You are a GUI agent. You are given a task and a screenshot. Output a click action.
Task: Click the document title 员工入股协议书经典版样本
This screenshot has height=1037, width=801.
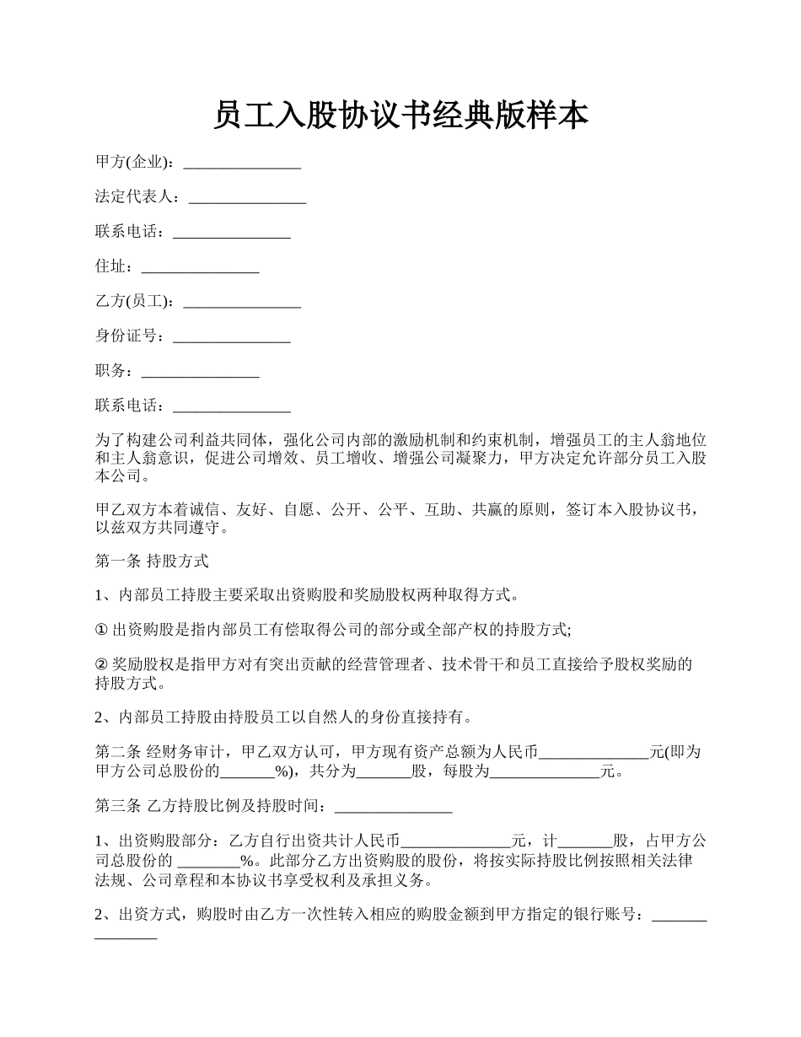coord(400,116)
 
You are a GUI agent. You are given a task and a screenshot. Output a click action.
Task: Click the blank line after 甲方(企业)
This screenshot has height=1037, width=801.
coord(242,163)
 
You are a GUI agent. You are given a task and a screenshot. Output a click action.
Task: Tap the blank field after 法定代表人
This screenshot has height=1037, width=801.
coord(247,198)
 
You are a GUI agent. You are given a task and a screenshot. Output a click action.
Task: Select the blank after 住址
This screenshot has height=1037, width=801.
coord(200,268)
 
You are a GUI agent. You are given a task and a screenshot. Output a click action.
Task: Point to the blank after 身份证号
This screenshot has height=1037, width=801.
coord(231,337)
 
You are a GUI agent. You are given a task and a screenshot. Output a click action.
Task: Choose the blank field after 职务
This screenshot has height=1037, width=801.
coord(200,372)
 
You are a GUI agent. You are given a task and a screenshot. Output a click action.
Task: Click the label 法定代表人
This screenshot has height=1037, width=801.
coord(133,197)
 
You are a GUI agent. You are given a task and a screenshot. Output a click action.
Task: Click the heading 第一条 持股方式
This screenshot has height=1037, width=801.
coord(152,560)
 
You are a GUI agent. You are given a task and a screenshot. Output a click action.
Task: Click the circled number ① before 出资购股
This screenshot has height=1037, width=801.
coord(101,630)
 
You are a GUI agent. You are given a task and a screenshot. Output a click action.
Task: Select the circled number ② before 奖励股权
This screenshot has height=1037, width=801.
coord(101,664)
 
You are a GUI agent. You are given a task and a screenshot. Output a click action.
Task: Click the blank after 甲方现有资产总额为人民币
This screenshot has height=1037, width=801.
coord(594,753)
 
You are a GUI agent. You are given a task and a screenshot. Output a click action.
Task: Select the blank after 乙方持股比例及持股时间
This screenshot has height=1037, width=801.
coord(394,808)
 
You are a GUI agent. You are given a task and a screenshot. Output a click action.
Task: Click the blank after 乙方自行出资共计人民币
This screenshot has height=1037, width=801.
coord(456,841)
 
